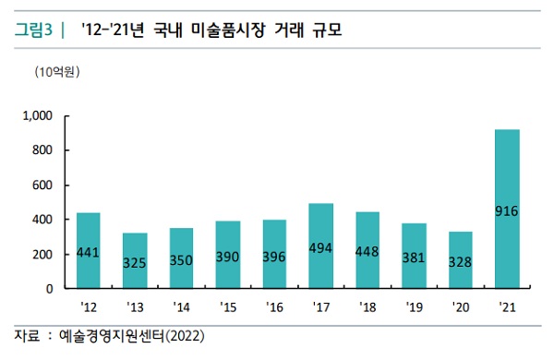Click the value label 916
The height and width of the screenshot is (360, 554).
pyautogui.click(x=507, y=211)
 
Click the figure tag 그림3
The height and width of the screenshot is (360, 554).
pyautogui.click(x=33, y=32)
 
